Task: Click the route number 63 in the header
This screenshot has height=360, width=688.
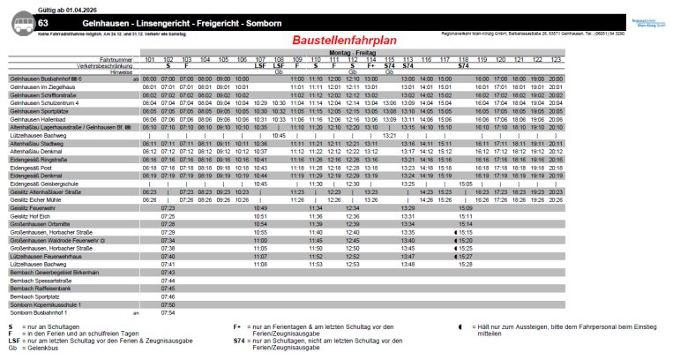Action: (43, 21)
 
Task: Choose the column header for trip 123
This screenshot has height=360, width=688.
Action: (556, 59)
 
